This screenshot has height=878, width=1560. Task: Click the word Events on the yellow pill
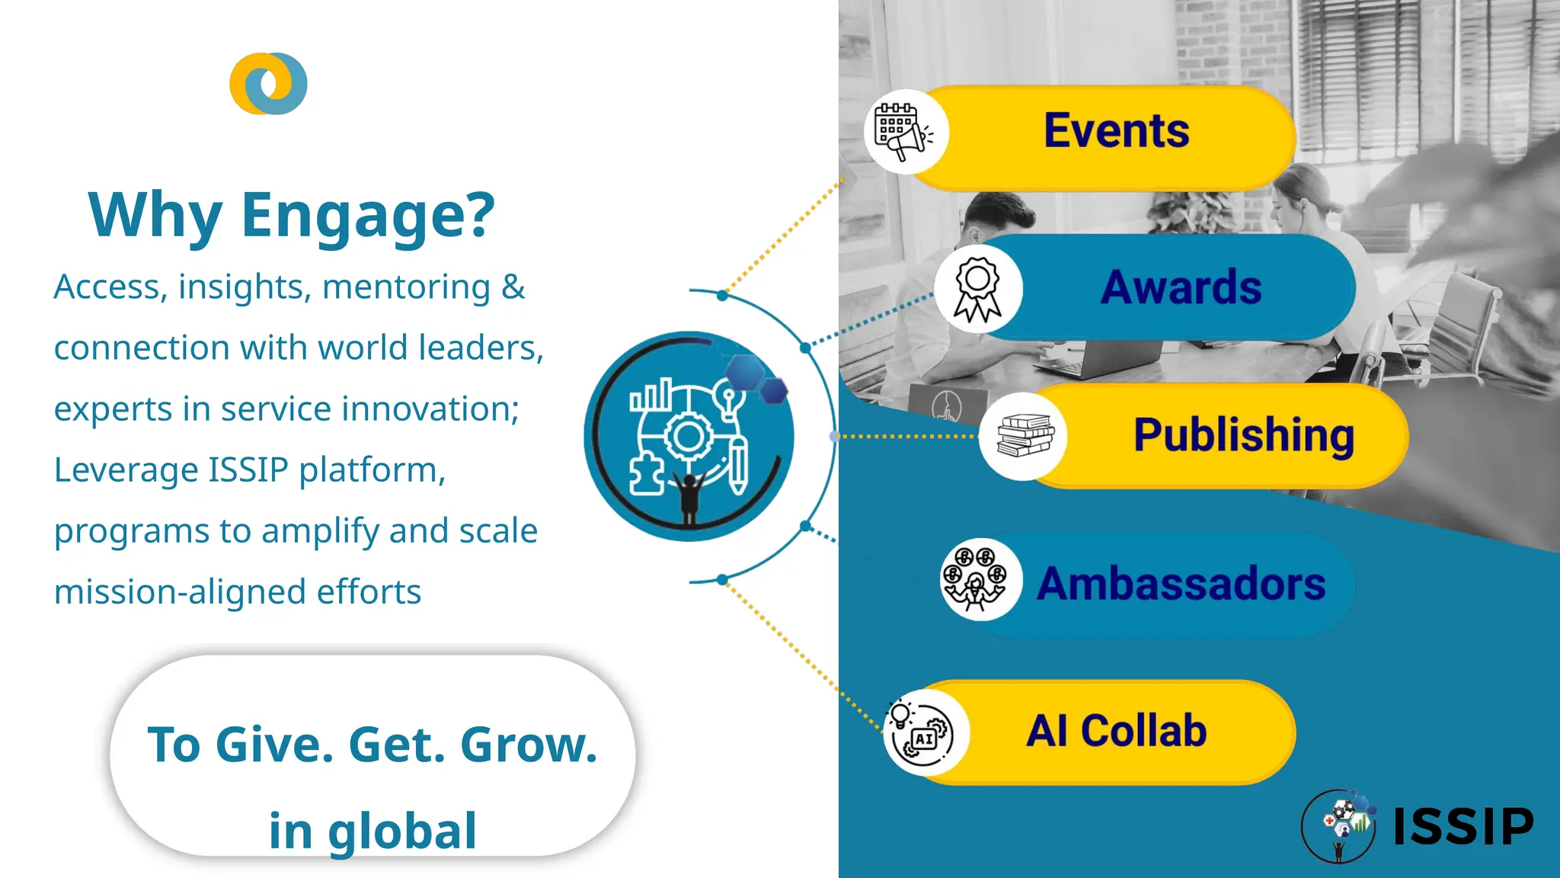[1116, 131]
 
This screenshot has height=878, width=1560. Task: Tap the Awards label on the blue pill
[1181, 287]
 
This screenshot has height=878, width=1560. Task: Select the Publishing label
[1244, 435]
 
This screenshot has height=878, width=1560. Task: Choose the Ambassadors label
[1181, 584]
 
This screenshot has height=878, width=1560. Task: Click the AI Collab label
[1117, 731]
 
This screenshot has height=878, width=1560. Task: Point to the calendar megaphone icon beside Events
[903, 132]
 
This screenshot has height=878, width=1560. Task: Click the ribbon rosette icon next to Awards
[978, 289]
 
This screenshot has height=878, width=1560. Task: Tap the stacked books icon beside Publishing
[1025, 436]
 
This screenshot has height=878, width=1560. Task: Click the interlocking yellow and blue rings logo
[268, 84]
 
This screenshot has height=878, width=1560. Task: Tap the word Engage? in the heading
[368, 216]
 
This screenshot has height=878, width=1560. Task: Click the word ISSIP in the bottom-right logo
[1462, 826]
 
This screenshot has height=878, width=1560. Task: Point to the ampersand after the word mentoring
[513, 287]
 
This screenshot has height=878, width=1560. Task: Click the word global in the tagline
[401, 831]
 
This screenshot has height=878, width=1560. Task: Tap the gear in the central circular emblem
[689, 437]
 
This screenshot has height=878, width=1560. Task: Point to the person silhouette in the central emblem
[689, 495]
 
